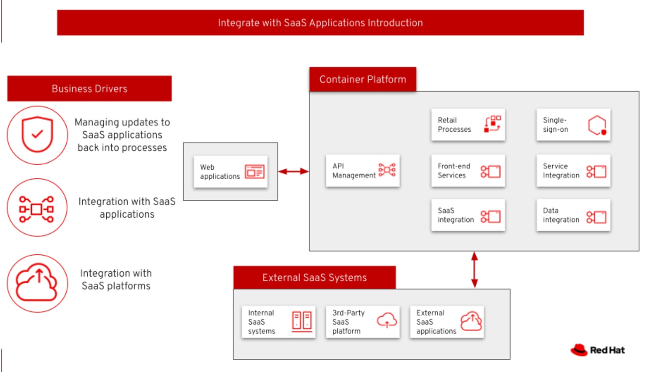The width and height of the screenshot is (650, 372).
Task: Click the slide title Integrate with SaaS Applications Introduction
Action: click(x=320, y=23)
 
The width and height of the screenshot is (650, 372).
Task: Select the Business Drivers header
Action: click(x=89, y=89)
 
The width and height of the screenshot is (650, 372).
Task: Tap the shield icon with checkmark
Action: click(x=38, y=135)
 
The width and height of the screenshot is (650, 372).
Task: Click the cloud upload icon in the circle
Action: click(x=38, y=283)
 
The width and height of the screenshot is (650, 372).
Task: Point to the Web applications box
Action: click(x=231, y=172)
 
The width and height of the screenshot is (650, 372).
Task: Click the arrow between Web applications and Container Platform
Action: click(x=293, y=172)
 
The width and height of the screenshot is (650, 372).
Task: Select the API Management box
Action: click(x=363, y=171)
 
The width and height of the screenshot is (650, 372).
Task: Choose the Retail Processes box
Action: click(x=468, y=125)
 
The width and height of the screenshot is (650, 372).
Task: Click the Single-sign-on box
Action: click(x=573, y=125)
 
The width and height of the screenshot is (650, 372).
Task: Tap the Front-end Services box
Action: click(x=468, y=171)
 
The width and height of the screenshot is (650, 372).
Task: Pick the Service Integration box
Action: click(x=573, y=171)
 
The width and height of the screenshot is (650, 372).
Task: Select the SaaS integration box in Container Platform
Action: click(x=468, y=215)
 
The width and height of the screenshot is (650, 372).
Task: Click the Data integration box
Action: click(x=573, y=215)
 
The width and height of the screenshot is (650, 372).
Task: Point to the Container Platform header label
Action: click(x=363, y=79)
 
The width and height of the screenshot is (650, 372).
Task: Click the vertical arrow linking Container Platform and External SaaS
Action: click(x=474, y=270)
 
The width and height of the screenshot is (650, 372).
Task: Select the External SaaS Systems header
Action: click(x=314, y=278)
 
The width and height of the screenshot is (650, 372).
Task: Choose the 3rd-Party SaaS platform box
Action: click(x=363, y=322)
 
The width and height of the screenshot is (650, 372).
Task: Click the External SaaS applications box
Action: click(x=447, y=322)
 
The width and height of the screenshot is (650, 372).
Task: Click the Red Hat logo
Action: click(x=597, y=350)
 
